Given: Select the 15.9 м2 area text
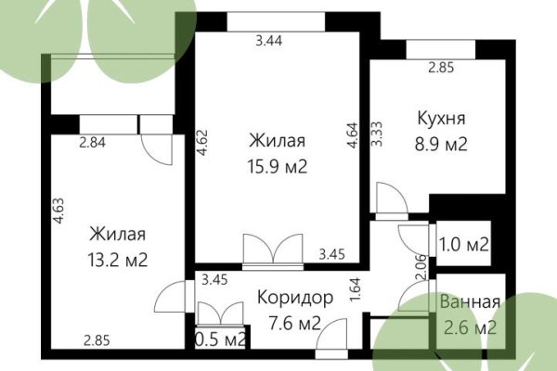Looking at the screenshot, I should coord(278,167).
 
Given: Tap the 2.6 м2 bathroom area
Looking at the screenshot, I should coord(470,327).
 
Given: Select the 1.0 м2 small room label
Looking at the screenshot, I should coord(463,245).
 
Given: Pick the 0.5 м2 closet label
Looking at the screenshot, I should coord(221,339).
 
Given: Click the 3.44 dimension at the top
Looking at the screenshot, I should coord(270,40).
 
